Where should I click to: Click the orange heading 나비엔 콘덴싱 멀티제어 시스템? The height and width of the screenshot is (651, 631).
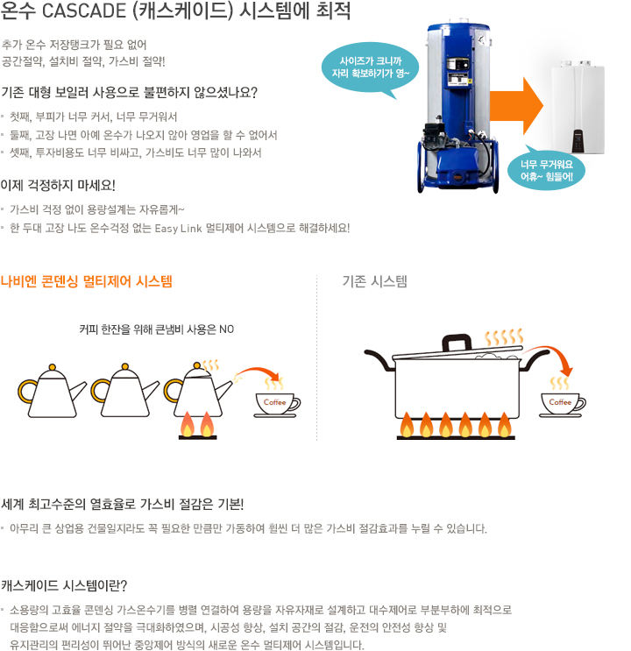87,281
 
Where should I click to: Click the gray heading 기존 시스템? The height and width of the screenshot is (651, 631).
374,281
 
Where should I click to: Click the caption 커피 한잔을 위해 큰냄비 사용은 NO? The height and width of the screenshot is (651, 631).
156,329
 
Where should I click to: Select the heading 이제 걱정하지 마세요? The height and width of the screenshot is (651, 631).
58,185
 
